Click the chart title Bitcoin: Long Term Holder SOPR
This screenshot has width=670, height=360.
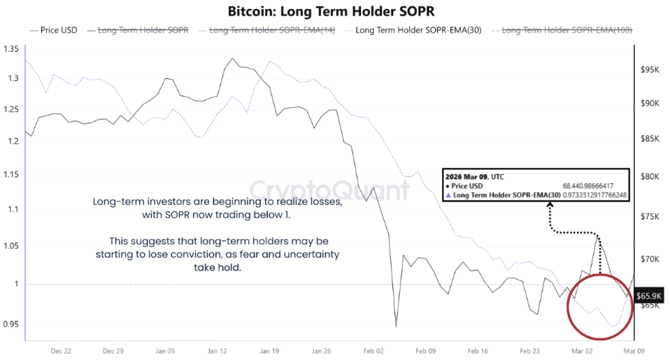pyautogui.click(x=334, y=11)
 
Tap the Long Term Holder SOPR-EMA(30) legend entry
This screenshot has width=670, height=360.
pyautogui.click(x=417, y=30)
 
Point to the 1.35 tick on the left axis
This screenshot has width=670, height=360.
pyautogui.click(x=10, y=49)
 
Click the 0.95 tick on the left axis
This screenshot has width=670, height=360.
pyautogui.click(x=10, y=324)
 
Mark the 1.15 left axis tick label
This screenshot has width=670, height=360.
pyautogui.click(x=10, y=173)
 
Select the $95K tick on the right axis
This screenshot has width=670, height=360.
pyautogui.click(x=650, y=70)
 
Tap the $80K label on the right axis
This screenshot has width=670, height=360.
pyautogui.click(x=650, y=176)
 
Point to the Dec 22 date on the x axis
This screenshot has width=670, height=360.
pyautogui.click(x=62, y=352)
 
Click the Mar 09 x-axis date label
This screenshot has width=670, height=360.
pyautogui.click(x=634, y=352)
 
